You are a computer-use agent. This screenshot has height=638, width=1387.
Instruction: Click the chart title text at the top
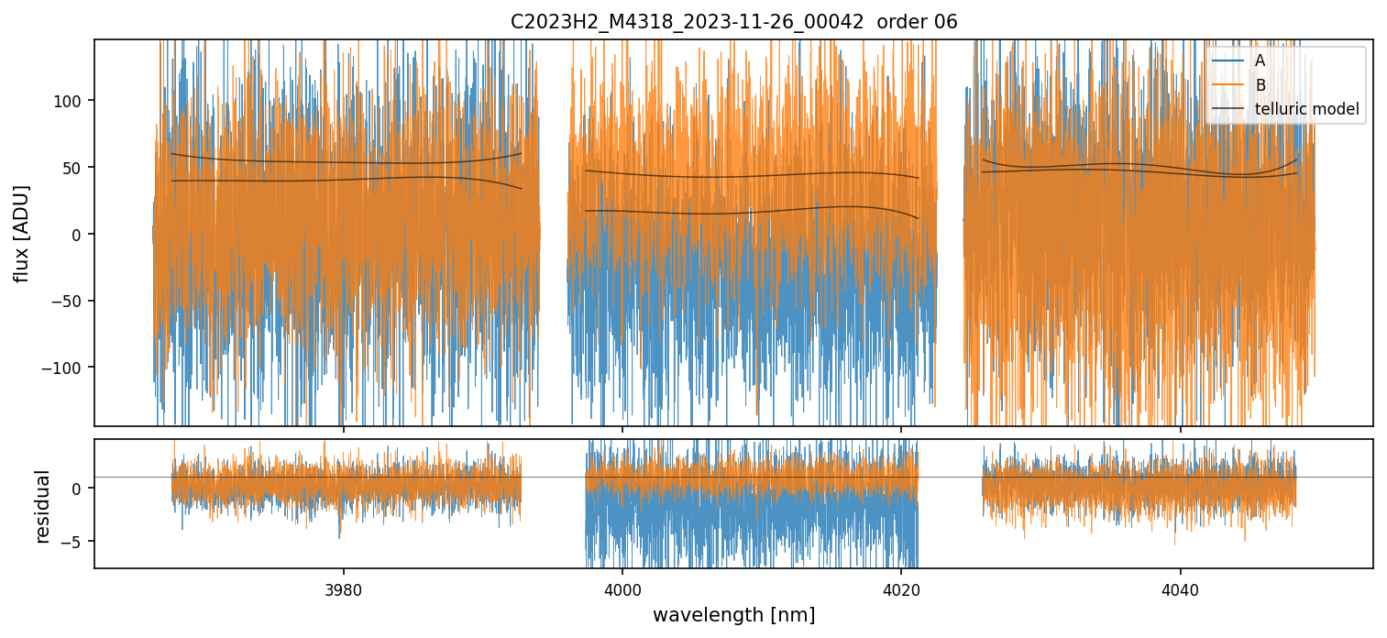click(733, 22)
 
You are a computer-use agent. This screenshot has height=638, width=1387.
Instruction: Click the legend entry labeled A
click(1260, 60)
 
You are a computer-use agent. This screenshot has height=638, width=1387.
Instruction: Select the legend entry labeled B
click(1260, 85)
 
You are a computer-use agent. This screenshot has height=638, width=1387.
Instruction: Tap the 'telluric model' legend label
click(1306, 110)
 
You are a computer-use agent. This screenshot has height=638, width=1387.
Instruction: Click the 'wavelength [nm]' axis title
click(733, 614)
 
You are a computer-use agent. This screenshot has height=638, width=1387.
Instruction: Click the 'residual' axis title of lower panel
click(42, 506)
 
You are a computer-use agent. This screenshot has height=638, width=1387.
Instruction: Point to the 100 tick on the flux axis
click(71, 100)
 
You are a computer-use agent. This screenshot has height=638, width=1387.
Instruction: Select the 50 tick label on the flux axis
click(74, 167)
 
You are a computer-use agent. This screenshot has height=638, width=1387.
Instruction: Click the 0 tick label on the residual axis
click(78, 488)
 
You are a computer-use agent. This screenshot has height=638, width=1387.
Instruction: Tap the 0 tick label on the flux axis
click(78, 234)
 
